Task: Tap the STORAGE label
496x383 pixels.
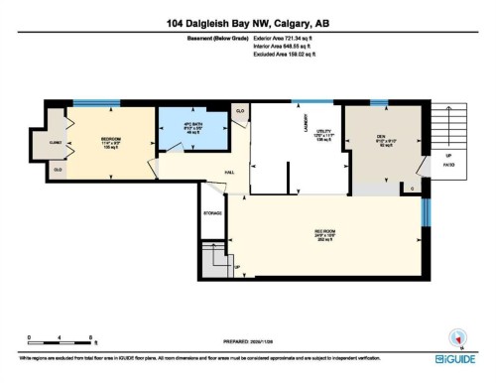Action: click(x=212, y=212)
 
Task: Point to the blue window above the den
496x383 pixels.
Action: click(x=378, y=102)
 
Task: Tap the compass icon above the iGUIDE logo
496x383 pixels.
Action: click(x=457, y=335)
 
